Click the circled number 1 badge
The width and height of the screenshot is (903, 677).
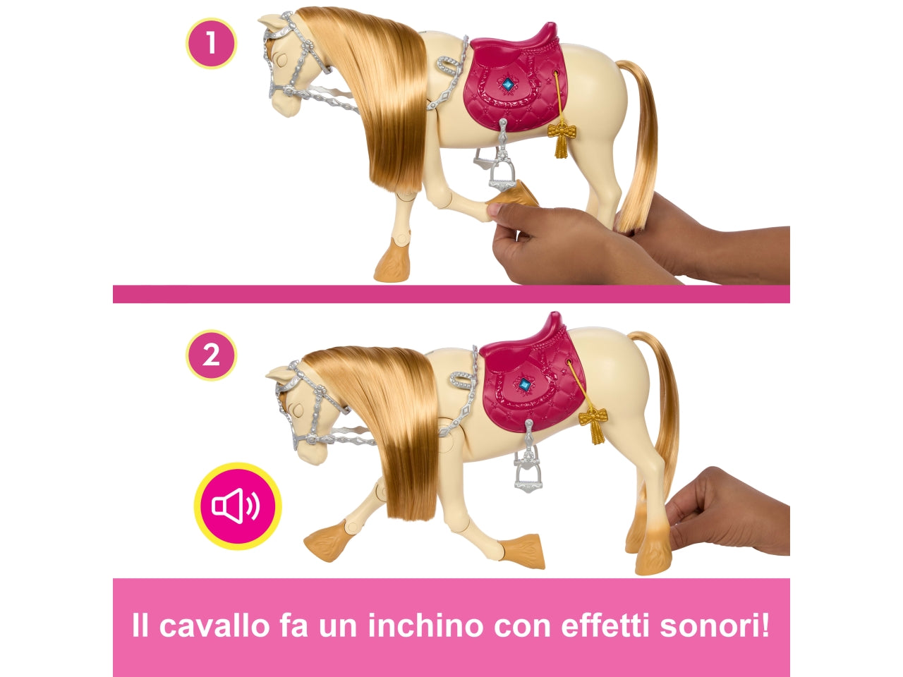[x=210, y=44]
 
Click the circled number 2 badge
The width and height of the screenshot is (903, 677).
[x=210, y=355]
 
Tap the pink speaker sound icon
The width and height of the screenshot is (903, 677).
[x=238, y=506]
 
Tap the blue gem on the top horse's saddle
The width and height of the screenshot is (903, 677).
[x=507, y=85]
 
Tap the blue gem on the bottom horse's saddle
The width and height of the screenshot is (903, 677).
[x=524, y=385]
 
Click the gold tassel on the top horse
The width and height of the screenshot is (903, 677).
[x=562, y=138]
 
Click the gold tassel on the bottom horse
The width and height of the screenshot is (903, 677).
[x=593, y=423]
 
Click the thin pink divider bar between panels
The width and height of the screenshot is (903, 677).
[x=451, y=294]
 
